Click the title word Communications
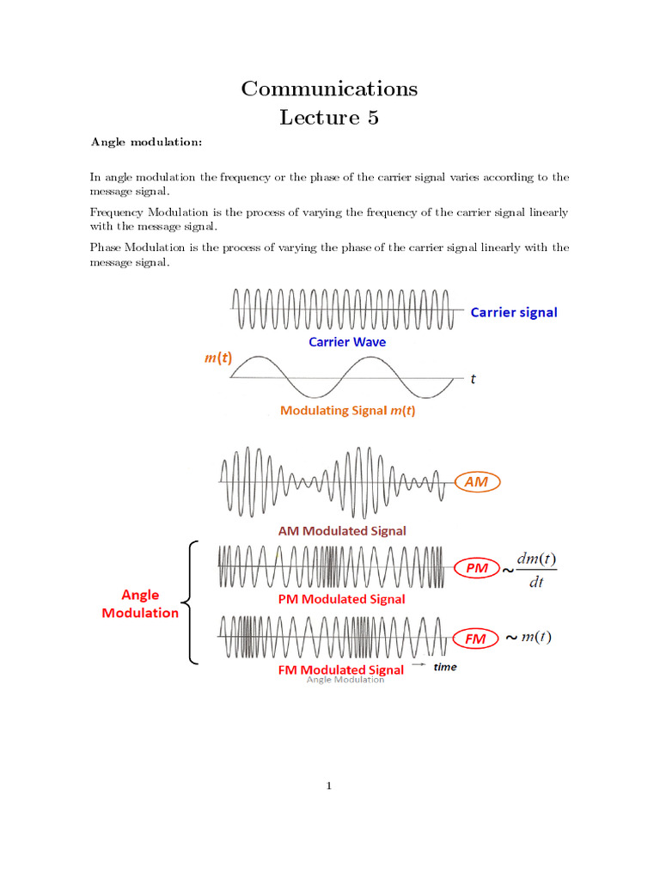click(329, 89)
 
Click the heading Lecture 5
click(329, 118)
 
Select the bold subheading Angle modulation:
click(146, 142)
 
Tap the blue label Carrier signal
click(514, 312)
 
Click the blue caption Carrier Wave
click(347, 341)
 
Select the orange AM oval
click(476, 482)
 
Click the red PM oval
click(476, 568)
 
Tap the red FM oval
click(476, 639)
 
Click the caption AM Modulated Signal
click(342, 531)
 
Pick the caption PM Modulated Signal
click(342, 598)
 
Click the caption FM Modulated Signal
click(341, 669)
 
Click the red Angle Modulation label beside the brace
click(140, 603)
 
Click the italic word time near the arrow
click(445, 667)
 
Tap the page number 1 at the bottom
click(329, 785)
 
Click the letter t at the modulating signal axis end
click(473, 378)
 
